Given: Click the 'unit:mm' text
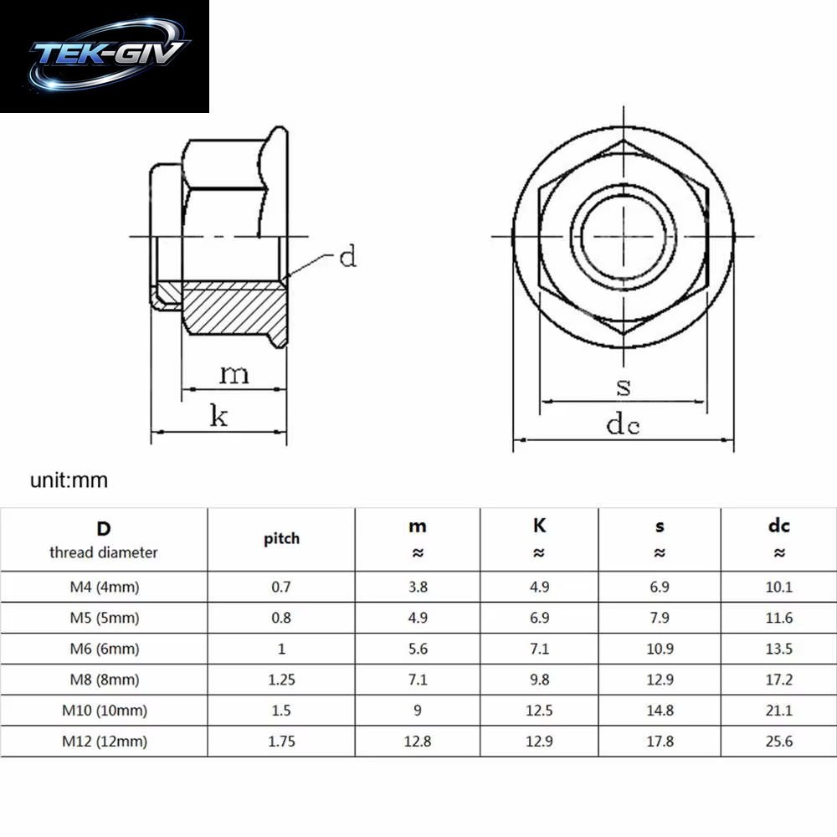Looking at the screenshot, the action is (x=69, y=480).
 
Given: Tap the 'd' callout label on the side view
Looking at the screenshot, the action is (x=348, y=256).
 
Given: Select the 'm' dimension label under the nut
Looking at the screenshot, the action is (x=234, y=374).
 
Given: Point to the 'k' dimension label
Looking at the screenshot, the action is (x=218, y=415).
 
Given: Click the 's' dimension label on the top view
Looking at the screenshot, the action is (x=624, y=387).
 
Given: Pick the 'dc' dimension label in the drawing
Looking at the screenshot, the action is (x=623, y=424).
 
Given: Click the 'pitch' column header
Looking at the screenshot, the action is (x=281, y=538).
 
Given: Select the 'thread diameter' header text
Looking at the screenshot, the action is (x=104, y=552).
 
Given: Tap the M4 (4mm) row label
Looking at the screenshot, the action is (x=105, y=588).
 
